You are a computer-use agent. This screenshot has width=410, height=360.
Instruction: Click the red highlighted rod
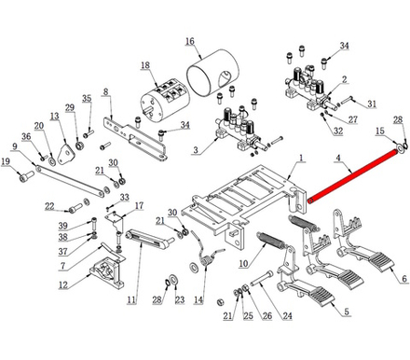tap(352, 175)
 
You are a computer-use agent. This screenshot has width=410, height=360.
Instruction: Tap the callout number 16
tap(190, 41)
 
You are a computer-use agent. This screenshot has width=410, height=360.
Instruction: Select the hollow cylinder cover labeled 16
tap(212, 73)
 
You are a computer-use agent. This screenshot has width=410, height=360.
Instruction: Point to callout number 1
tap(301, 158)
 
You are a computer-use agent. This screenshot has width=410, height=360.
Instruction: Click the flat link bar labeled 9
tap(70, 182)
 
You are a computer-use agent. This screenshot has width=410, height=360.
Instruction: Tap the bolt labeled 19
tap(26, 176)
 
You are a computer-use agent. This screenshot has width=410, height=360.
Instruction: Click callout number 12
tap(63, 284)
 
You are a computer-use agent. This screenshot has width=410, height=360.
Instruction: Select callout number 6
tap(404, 279)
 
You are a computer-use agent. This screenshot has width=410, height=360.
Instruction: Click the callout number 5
tap(347, 312)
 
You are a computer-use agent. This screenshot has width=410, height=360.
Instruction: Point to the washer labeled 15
tap(400, 147)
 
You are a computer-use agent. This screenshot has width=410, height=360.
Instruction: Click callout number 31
tap(372, 104)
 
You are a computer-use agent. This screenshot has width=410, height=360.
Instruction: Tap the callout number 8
tap(106, 91)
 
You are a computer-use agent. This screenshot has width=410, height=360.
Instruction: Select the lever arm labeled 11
tap(150, 239)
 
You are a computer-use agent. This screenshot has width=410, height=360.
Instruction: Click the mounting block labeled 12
tap(107, 271)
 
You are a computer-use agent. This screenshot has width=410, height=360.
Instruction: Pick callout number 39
tap(63, 226)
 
